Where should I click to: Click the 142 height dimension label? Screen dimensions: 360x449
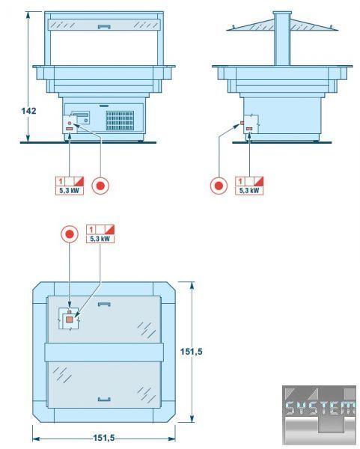29,111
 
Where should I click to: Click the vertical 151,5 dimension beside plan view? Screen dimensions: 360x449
191,352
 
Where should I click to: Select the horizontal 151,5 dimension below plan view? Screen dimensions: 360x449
104,438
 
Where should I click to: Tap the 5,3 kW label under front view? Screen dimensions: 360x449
70,190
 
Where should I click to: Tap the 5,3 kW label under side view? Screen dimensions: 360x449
249,190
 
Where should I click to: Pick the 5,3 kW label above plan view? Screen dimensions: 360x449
100,239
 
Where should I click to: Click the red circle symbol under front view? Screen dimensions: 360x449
100,186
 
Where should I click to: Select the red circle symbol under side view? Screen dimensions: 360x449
219,186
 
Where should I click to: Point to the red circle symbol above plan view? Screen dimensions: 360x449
70,234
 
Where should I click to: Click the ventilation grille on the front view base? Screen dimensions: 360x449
120,120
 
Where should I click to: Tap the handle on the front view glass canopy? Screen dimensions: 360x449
104,27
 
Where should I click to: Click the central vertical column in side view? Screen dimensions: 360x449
282,39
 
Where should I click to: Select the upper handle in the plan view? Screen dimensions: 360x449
104,304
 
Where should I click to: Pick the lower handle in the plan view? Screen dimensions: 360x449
104,399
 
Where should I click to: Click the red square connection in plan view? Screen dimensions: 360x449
69,320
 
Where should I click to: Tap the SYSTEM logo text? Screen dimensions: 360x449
320,408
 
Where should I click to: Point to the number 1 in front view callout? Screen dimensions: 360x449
61,181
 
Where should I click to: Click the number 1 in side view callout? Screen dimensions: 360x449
240,181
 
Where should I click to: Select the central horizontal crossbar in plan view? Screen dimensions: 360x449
104,352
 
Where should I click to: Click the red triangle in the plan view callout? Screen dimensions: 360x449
111,229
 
